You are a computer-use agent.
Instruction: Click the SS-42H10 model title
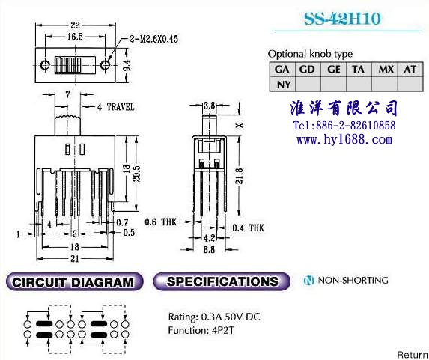[342, 19]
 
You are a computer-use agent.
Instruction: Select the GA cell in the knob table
[282, 69]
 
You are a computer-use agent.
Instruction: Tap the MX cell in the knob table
[385, 69]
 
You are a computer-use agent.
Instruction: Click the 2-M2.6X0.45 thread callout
[153, 39]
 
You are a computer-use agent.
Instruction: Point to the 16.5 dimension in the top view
[75, 36]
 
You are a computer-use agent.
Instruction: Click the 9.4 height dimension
[127, 65]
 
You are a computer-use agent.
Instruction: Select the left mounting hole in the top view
[45, 65]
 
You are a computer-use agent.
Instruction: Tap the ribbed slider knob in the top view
[68, 65]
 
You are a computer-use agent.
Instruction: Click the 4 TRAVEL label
[116, 107]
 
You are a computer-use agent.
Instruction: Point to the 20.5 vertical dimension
[137, 174]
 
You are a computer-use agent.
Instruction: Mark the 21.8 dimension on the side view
[240, 176]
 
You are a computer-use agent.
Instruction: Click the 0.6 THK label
[161, 222]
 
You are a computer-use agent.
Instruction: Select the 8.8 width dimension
[209, 250]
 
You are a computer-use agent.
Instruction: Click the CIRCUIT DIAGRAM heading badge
[74, 281]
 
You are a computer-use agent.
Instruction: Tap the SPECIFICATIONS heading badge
[222, 281]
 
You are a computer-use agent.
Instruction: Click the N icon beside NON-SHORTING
[309, 281]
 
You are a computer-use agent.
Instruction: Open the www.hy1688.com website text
[344, 140]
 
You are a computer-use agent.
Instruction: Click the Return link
[413, 355]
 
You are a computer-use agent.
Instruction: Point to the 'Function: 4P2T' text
[201, 331]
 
